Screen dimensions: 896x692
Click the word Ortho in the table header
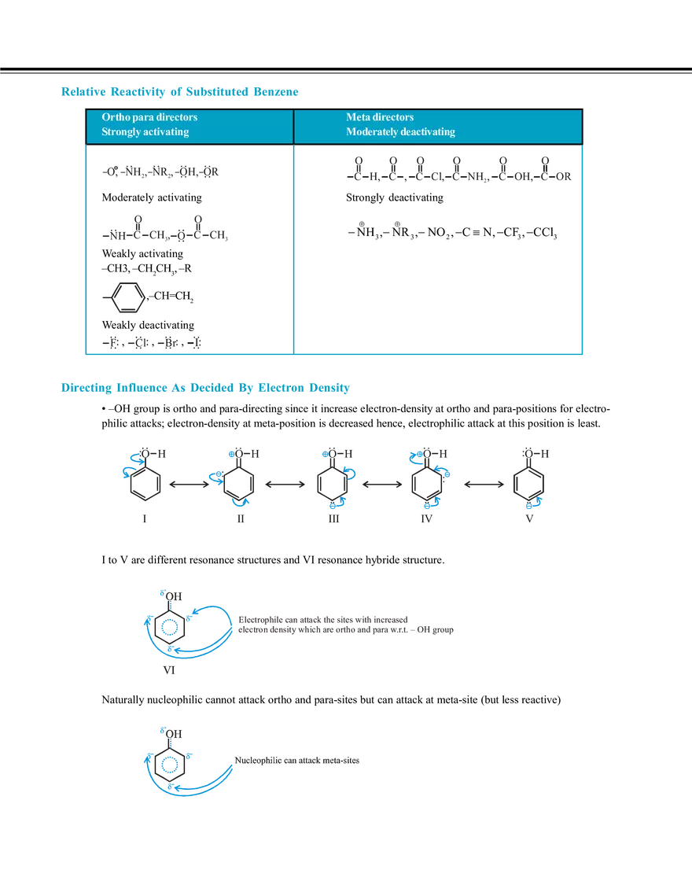[x=115, y=117]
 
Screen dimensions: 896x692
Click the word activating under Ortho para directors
[x=165, y=131]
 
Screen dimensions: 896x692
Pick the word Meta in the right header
[x=358, y=117]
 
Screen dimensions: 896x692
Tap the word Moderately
[x=373, y=131]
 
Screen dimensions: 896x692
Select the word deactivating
[x=429, y=131]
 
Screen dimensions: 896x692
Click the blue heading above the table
[x=179, y=92]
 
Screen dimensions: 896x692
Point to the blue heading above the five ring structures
[x=204, y=389]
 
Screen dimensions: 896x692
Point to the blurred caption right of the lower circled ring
[x=299, y=761]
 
